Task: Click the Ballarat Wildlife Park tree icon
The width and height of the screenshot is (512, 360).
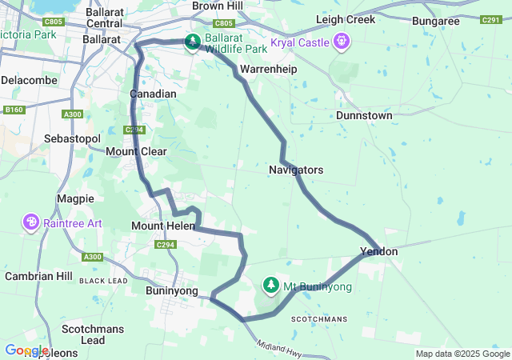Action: pyautogui.click(x=192, y=42)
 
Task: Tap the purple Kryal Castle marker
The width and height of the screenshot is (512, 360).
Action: pyautogui.click(x=342, y=40)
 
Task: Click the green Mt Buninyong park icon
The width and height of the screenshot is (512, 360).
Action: pyautogui.click(x=271, y=285)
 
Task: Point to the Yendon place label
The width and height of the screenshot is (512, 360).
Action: pyautogui.click(x=378, y=251)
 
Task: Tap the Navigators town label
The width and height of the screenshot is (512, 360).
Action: pyautogui.click(x=296, y=170)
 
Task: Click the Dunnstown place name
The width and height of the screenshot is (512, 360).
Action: pyautogui.click(x=364, y=115)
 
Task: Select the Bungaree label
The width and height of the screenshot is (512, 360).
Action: pyautogui.click(x=435, y=21)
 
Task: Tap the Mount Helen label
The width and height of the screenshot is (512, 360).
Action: pyautogui.click(x=158, y=226)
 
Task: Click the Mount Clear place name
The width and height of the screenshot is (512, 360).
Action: pyautogui.click(x=136, y=150)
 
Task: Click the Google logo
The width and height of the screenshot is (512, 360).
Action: pyautogui.click(x=26, y=350)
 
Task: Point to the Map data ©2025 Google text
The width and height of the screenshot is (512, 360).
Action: pyautogui.click(x=462, y=354)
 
